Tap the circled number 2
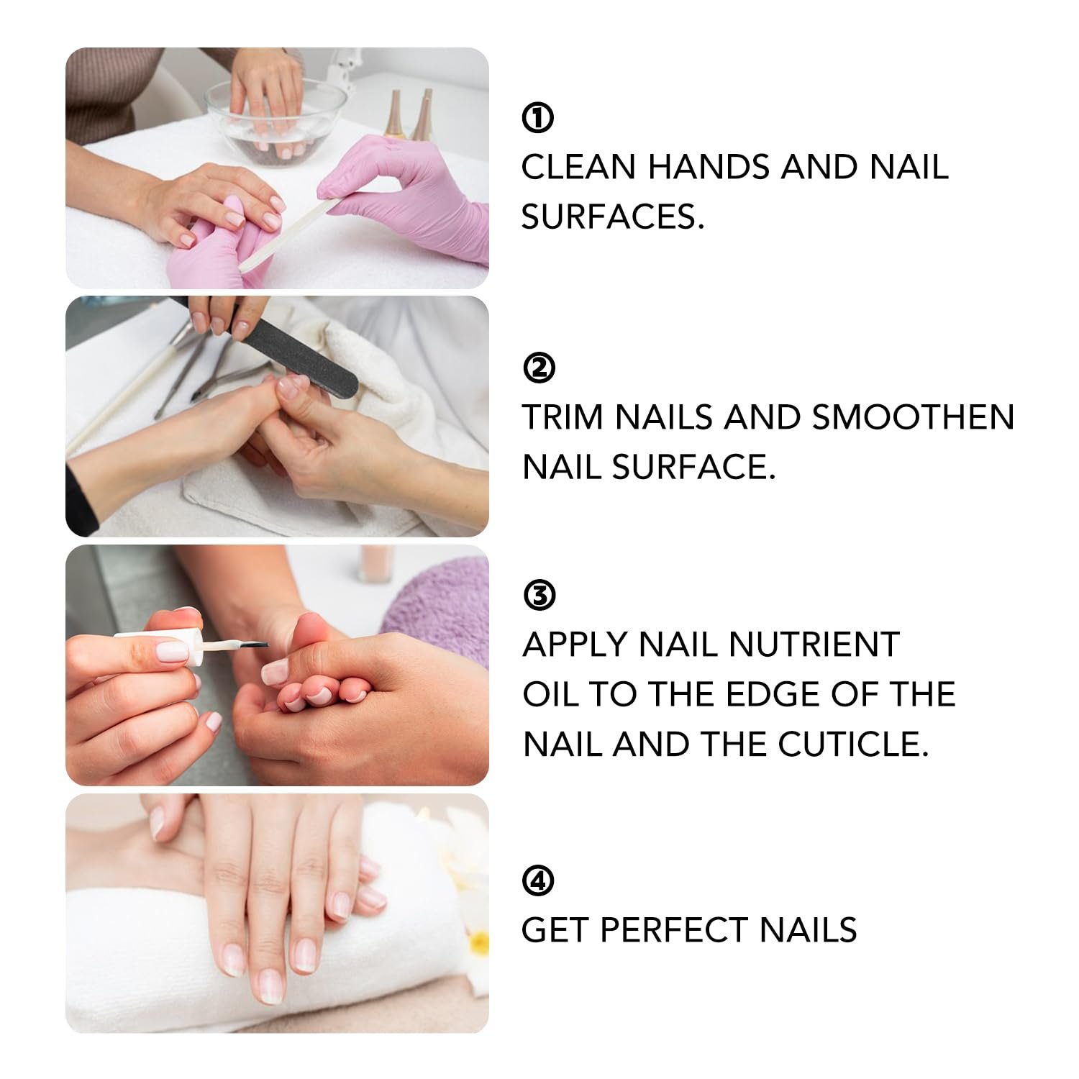point(539,368)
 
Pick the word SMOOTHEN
point(913,418)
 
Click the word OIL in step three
point(550,694)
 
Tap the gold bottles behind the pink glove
point(410,115)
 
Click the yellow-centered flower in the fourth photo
point(476,942)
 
